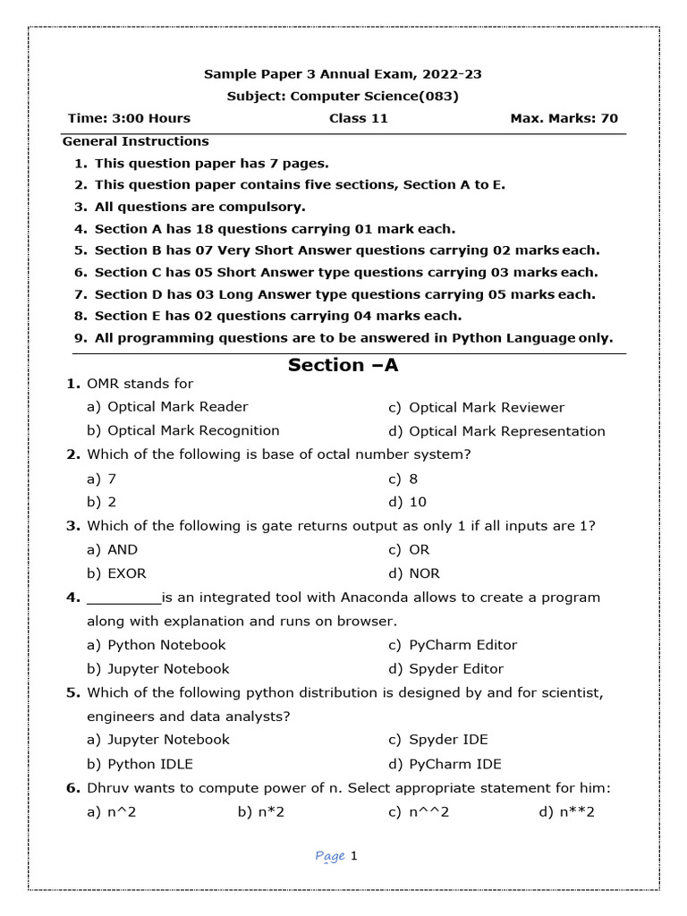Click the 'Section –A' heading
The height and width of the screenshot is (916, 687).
click(343, 365)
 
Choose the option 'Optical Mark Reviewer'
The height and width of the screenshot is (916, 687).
click(486, 407)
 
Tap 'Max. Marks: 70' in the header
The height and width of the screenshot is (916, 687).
click(564, 118)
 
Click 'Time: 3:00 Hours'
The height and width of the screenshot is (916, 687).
click(129, 118)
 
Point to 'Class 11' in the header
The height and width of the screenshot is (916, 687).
click(358, 118)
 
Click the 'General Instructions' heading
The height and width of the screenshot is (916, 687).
click(135, 141)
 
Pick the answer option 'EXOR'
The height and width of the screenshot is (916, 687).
click(126, 573)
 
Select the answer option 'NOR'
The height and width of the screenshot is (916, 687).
click(424, 573)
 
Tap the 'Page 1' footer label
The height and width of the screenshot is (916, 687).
click(336, 857)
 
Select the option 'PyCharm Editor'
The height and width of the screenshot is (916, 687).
click(462, 644)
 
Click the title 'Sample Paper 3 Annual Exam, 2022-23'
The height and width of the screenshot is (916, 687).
click(343, 74)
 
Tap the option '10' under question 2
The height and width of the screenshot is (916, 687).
click(418, 502)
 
